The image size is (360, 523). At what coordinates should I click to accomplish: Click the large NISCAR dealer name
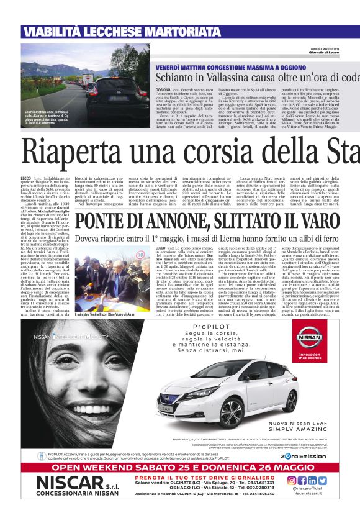(70, 483)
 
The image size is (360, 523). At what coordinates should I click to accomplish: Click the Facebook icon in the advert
(302, 480)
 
